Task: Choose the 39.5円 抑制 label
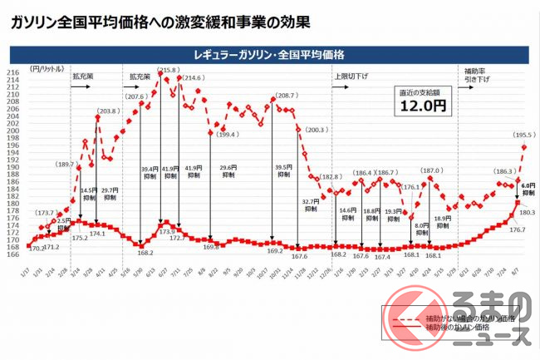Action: [x=285, y=170]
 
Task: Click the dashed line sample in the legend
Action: [x=401, y=318]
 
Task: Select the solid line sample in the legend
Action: [x=401, y=328]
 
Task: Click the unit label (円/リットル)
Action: [x=43, y=67]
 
